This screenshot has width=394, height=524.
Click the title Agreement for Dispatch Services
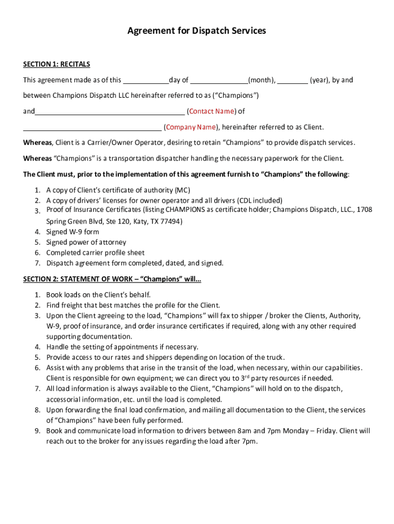tap(196, 31)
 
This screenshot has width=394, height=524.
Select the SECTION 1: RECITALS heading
tap(56, 64)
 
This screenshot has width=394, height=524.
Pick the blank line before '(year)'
tap(293, 80)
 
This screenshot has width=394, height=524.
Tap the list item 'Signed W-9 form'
tap(73, 232)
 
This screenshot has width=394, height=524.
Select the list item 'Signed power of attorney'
tap(86, 243)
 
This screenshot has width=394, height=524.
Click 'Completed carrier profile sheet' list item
tap(95, 253)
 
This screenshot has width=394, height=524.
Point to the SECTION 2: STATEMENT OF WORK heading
tap(112, 279)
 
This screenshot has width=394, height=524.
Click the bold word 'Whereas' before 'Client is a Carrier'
tap(37, 143)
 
